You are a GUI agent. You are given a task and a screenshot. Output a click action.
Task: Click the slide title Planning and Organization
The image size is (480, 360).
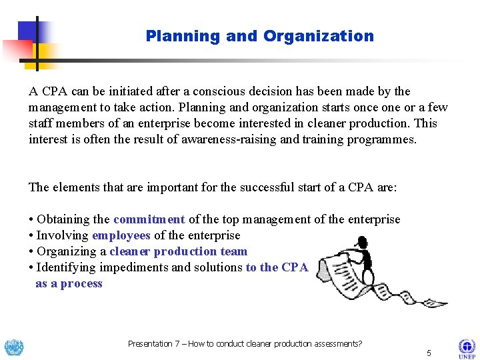coord(259,36)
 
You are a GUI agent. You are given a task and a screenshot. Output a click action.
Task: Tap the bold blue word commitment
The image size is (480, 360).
coord(149,219)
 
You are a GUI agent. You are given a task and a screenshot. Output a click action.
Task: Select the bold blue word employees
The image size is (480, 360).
coord(121,235)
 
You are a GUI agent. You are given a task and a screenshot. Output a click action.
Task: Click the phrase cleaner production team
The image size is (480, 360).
coord(178,251)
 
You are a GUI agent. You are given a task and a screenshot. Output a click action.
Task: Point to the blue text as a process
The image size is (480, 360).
coord(69,283)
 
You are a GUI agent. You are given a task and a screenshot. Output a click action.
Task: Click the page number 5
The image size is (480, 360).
coord(429,353)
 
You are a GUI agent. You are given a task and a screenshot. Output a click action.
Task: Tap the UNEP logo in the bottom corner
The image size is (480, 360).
coord(466,348)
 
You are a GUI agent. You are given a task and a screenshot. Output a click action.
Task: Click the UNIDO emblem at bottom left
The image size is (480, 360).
coord(13,347)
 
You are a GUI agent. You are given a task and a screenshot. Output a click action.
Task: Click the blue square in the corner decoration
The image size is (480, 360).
coord(30,31)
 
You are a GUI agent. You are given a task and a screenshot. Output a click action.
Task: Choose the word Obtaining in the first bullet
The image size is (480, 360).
coord(63,219)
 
